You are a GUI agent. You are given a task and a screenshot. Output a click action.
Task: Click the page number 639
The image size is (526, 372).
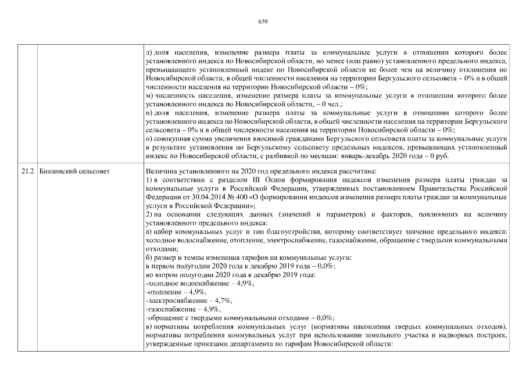tap(262, 22)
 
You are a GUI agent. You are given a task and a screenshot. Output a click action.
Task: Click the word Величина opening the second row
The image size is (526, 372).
tap(160, 171)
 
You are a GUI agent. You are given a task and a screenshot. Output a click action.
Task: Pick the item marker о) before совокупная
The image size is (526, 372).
tap(148, 139)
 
